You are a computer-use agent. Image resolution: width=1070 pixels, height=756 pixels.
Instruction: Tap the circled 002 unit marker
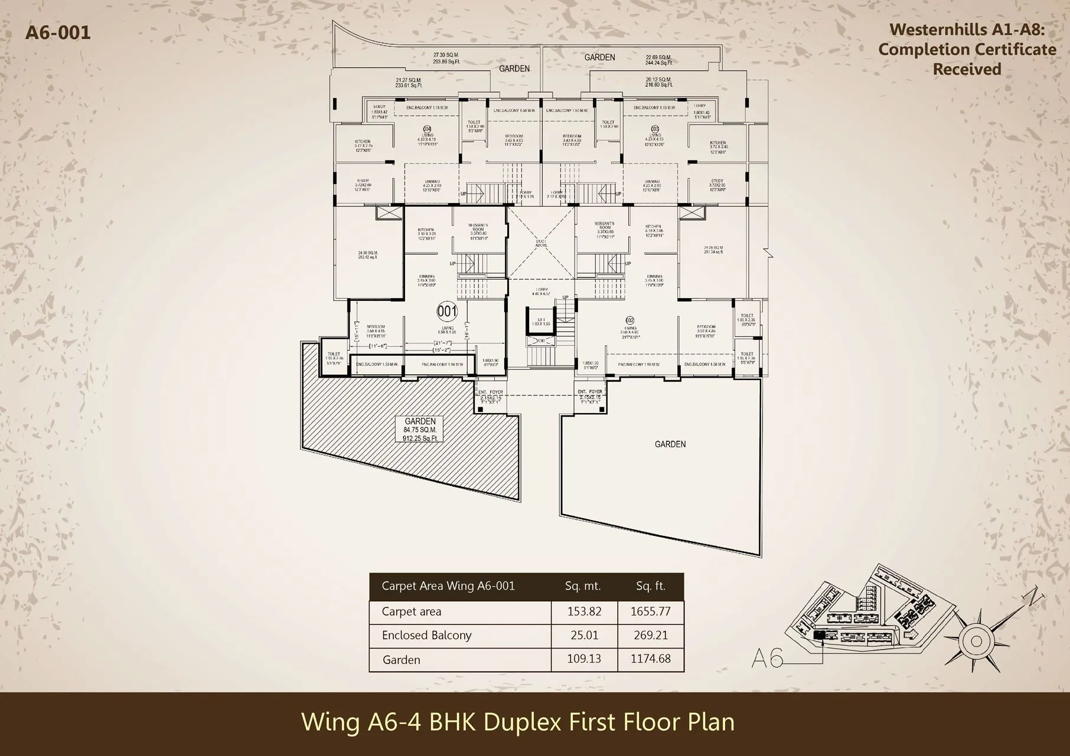[630, 320]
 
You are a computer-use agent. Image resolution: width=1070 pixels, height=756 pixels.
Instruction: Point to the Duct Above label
[541, 243]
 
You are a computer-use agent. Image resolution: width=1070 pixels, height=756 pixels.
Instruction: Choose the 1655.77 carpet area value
[650, 611]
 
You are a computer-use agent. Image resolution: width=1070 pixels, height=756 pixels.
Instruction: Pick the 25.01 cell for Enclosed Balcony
[584, 635]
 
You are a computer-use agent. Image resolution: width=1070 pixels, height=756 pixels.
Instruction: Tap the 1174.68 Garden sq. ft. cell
[650, 659]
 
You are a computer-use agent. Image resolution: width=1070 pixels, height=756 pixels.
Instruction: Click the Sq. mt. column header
[582, 586]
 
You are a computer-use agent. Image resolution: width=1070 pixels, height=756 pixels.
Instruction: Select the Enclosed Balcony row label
[426, 635]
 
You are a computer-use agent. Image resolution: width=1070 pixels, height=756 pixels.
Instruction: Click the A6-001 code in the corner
[58, 32]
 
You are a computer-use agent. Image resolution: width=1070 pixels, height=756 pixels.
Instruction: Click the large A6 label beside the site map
[767, 657]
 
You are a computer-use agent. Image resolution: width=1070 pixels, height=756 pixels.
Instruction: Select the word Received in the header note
[967, 69]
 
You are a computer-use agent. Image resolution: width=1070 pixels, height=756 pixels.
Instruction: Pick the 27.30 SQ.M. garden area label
[446, 55]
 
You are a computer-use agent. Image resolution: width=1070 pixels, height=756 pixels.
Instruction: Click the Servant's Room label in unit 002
[605, 225]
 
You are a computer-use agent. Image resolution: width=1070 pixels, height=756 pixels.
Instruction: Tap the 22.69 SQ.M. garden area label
[658, 57]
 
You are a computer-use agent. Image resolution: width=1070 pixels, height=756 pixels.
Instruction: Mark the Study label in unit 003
[717, 181]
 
